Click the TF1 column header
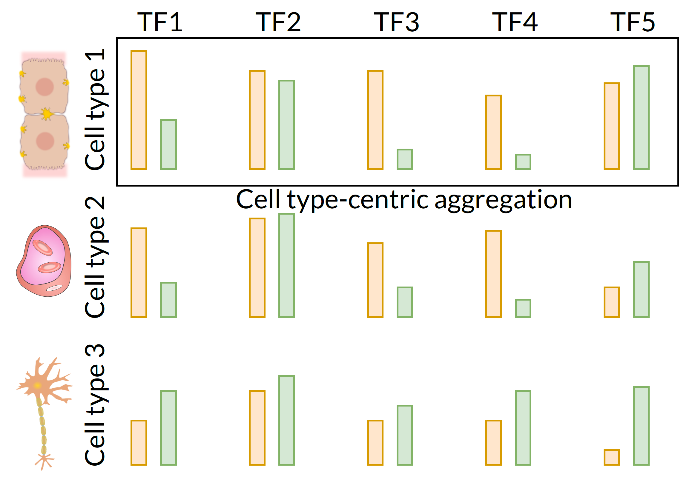point(159,22)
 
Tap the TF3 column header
point(396,22)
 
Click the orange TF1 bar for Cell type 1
point(139,110)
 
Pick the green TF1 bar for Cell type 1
point(168,145)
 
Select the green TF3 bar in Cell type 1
point(405,159)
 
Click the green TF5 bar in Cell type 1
point(641,118)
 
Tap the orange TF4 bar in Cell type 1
point(493,133)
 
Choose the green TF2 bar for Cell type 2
point(286,265)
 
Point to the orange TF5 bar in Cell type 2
point(612,302)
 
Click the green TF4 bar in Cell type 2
point(523,308)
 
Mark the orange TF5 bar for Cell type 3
point(612,457)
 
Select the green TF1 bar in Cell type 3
point(168,428)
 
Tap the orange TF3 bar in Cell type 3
point(375,442)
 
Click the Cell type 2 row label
point(95,257)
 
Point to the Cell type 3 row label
point(95,405)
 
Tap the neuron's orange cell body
point(38,385)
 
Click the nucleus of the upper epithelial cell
point(45,87)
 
